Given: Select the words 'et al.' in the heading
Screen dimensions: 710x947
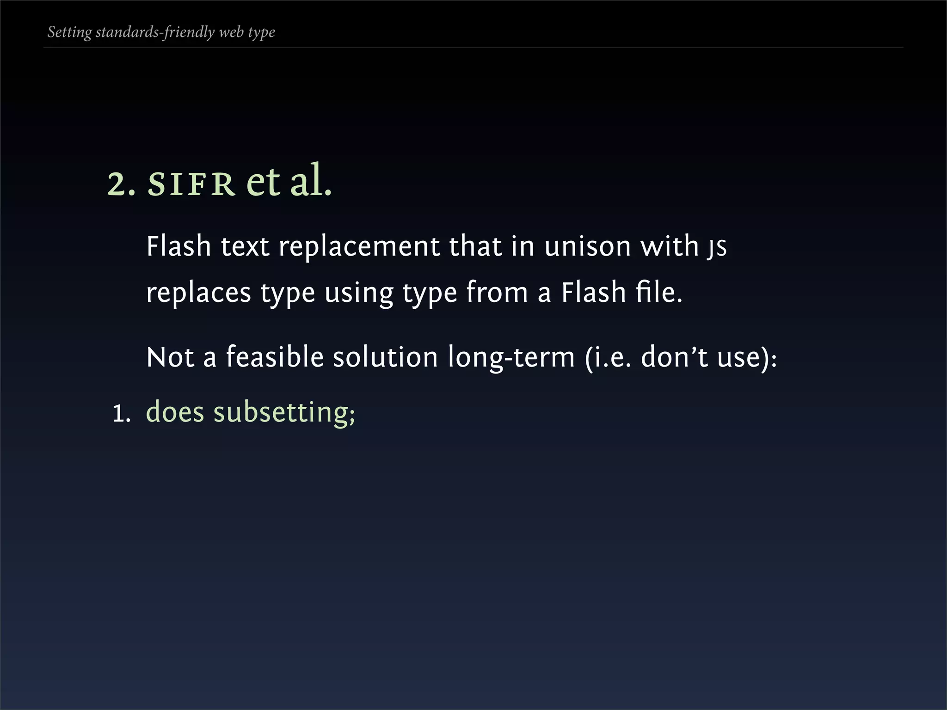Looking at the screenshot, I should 289,181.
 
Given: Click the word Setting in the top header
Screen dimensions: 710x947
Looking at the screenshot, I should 69,32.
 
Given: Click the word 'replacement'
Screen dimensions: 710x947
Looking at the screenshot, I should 359,246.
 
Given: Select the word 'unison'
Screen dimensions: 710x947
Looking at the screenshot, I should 587,246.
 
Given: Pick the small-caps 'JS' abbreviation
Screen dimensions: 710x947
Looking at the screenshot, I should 716,248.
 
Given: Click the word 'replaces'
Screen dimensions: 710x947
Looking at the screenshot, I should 198,293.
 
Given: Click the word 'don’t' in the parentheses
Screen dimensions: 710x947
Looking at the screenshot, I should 674,357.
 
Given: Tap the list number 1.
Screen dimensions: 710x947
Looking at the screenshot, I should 122,413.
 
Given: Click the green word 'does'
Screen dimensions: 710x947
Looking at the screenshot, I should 175,412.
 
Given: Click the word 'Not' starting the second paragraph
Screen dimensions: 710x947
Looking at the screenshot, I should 170,357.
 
